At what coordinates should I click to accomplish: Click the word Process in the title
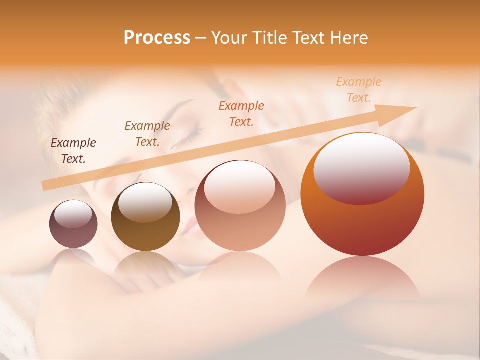point(157,37)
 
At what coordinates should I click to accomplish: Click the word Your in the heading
point(230,37)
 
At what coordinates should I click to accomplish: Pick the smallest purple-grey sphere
point(73,224)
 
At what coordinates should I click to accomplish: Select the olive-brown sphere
point(145,217)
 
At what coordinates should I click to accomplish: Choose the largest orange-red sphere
point(362,194)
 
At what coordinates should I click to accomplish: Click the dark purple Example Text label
point(73,151)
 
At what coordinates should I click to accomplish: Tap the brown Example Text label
point(147,134)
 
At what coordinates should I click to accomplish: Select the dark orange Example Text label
point(241,114)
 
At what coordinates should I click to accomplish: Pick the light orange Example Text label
point(359,90)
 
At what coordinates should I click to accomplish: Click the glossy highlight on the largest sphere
point(361,168)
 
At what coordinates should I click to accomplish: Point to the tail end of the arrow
point(46,186)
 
